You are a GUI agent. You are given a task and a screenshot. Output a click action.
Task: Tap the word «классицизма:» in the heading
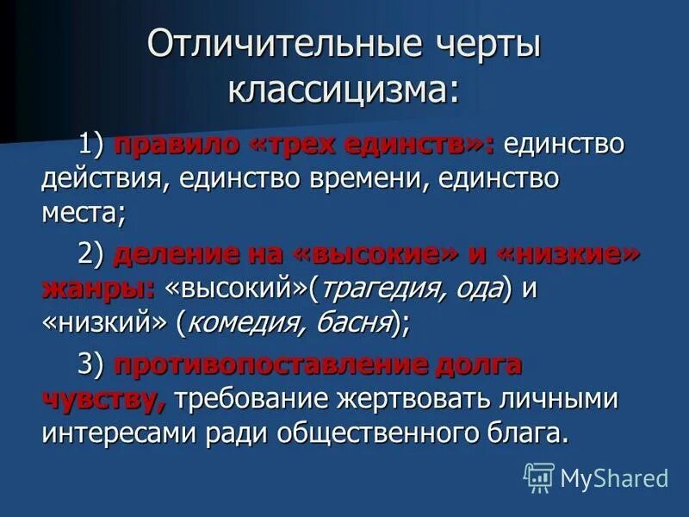pyautogui.click(x=344, y=89)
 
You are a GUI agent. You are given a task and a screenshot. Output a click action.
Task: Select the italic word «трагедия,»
pyautogui.click(x=383, y=290)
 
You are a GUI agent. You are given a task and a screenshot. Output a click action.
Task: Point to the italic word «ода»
pyautogui.click(x=479, y=290)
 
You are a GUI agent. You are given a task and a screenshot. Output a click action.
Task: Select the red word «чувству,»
pyautogui.click(x=103, y=399)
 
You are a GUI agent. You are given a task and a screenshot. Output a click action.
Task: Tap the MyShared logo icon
pyautogui.click(x=537, y=477)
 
